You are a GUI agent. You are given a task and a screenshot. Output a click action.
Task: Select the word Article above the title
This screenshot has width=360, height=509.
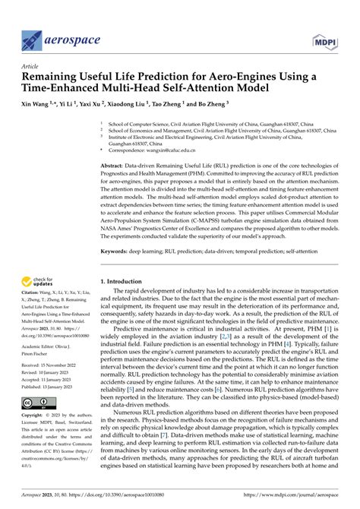30,66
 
